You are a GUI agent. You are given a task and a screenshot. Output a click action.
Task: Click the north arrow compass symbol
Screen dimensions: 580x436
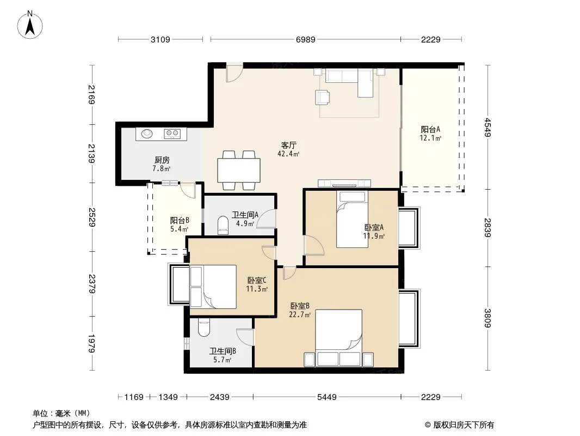coord(30,25)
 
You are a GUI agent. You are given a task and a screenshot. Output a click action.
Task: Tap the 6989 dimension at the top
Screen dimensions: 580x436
coord(306,39)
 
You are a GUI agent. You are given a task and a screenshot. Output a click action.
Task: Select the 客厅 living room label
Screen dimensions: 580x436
coord(288,145)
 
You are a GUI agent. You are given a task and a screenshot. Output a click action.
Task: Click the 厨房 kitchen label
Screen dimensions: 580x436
coord(162,160)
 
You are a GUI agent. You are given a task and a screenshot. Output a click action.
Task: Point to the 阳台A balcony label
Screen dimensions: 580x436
coord(430,129)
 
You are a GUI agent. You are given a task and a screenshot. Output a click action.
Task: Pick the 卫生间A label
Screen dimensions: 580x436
coord(245,215)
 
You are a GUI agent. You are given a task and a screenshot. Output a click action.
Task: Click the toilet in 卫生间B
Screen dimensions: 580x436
coord(204,328)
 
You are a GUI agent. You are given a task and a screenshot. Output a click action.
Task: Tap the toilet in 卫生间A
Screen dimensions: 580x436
coord(224,225)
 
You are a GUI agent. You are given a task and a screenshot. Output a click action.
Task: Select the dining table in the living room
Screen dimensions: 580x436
coord(239,171)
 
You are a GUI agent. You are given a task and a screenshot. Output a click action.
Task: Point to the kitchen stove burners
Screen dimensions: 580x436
coord(172,134)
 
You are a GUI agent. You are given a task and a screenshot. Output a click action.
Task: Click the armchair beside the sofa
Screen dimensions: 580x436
coord(323,98)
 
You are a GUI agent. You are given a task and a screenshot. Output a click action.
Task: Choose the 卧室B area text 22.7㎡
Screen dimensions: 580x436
coord(300,315)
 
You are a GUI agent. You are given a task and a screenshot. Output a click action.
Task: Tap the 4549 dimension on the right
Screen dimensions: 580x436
coord(488,127)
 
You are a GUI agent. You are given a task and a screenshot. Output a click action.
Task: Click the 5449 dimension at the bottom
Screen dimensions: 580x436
coord(327,397)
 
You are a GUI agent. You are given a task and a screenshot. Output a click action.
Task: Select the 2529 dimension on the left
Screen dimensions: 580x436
coord(92,217)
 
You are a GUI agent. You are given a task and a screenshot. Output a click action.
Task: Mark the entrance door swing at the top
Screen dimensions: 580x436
coord(235,72)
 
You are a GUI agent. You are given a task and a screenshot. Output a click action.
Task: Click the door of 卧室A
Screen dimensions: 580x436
coord(314,245)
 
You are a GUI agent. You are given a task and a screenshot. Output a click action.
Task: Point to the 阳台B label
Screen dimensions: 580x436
coord(180,220)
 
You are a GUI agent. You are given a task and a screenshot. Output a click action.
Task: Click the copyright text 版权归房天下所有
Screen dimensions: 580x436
coord(464,425)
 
